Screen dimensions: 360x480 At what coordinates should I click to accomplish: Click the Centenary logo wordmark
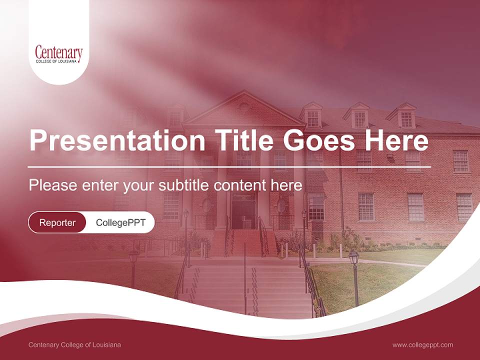pyautogui.click(x=58, y=51)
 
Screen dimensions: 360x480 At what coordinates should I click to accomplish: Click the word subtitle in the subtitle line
pyautogui.click(x=184, y=185)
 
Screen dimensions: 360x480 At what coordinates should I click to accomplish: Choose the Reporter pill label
pyautogui.click(x=57, y=222)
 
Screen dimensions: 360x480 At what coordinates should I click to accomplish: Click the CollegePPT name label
pyautogui.click(x=120, y=222)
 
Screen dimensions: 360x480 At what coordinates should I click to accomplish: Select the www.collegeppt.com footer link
pyautogui.click(x=422, y=344)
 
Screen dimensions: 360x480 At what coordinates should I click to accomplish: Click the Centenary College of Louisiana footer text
pyautogui.click(x=74, y=344)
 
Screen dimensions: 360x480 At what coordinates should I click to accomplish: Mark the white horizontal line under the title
pyautogui.click(x=229, y=166)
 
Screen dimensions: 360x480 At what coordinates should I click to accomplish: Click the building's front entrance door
pyautogui.click(x=243, y=212)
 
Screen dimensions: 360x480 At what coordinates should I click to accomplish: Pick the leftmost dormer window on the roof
pyautogui.click(x=175, y=116)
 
